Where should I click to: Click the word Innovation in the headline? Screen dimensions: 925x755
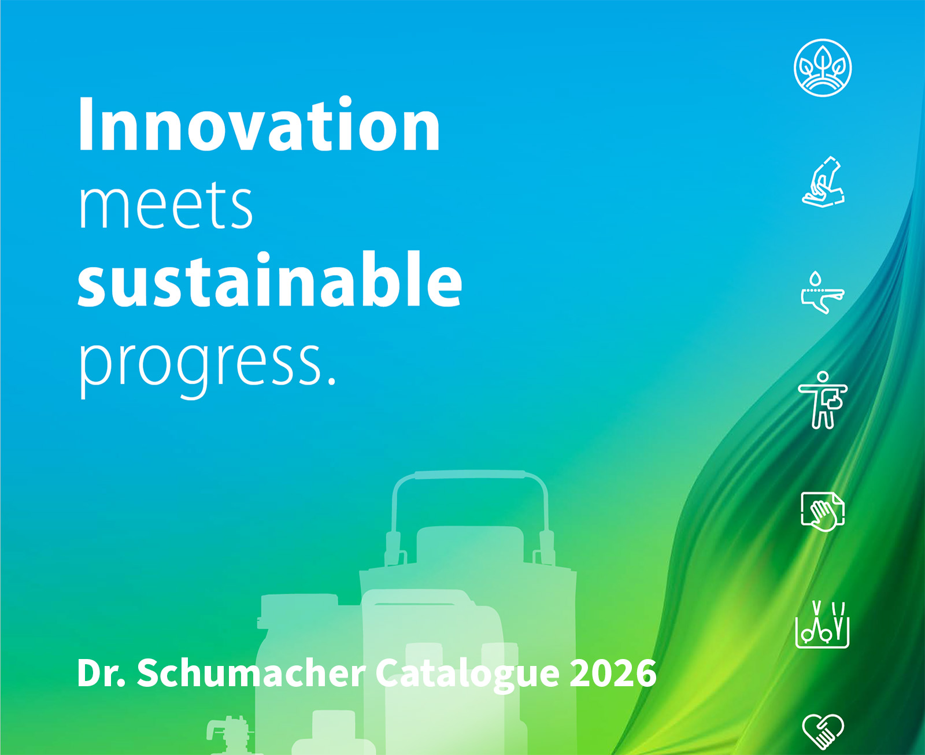(x=259, y=124)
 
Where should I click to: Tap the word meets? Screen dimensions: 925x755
(x=166, y=206)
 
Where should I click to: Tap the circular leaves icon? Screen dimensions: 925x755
(x=822, y=68)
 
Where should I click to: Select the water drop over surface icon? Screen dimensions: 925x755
(x=823, y=292)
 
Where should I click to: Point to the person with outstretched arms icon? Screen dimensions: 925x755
(x=823, y=399)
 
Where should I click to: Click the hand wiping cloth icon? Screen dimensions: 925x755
(x=823, y=512)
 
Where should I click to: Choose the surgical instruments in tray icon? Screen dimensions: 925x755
(x=822, y=625)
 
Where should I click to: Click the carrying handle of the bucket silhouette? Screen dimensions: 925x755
(x=469, y=475)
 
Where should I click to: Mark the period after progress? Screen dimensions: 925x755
(x=331, y=382)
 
